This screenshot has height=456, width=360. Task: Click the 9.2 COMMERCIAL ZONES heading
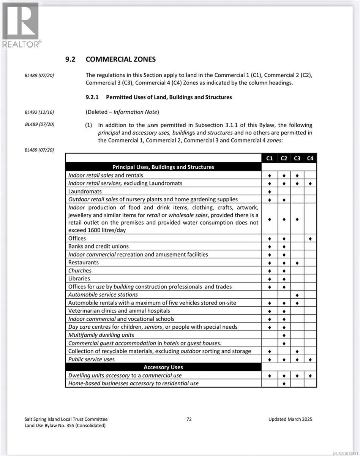coord(111,59)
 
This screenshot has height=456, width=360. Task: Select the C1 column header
coord(270,158)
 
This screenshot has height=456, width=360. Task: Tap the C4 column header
coord(310,158)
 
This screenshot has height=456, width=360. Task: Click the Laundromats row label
coord(85,191)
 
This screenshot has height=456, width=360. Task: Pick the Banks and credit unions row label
coord(98,246)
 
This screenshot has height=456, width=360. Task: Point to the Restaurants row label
coord(83,263)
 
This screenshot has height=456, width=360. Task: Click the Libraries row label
coord(79,279)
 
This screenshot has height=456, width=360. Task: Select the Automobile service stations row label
coord(103,294)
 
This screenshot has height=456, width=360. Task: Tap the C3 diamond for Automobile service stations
coord(297,295)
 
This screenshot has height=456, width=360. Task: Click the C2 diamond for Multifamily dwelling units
coord(284,336)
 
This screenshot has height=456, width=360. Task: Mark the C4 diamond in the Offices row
coord(310,239)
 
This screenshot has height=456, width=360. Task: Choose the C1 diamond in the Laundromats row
coord(270,192)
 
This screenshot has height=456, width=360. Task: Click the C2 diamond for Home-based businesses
coord(284,384)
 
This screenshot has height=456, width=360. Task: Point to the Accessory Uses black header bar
coord(163,367)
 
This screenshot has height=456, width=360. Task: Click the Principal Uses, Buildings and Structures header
coord(163,167)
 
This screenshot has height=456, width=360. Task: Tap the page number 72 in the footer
coord(189,419)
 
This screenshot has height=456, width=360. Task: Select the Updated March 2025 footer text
coord(290,419)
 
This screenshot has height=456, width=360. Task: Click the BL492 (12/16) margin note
coord(39,112)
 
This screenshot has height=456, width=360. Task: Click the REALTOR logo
coord(21,25)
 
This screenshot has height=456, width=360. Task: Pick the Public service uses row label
coord(91,359)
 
